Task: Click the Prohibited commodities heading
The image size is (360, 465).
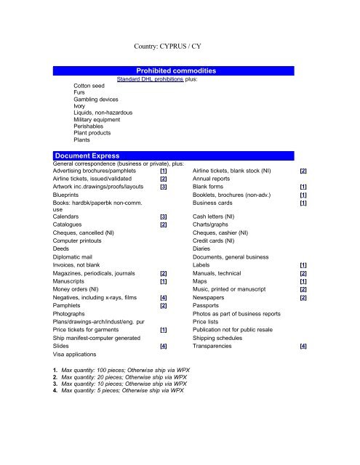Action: [179, 70]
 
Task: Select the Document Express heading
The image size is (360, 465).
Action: [88, 155]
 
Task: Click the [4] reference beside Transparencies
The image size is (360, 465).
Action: [303, 347]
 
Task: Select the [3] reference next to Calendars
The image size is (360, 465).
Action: [164, 217]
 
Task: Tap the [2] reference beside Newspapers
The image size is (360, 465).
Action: [303, 297]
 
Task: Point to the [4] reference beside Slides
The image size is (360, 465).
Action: [164, 347]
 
